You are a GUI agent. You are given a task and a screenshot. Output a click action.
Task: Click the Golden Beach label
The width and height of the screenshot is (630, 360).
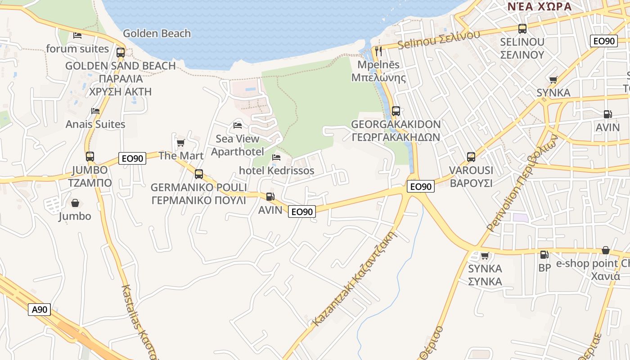[x=157, y=33]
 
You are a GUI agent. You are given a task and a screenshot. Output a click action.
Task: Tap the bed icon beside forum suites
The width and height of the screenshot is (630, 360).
[x=77, y=35]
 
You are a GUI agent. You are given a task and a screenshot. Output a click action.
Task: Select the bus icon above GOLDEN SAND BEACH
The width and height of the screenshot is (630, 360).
[x=120, y=52]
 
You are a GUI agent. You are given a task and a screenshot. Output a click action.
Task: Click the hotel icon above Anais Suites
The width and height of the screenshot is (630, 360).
[x=95, y=111]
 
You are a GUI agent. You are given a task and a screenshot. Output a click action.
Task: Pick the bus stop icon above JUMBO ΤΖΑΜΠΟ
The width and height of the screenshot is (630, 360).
[x=90, y=157]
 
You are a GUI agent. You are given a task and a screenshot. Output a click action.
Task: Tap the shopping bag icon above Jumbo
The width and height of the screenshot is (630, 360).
[x=75, y=203]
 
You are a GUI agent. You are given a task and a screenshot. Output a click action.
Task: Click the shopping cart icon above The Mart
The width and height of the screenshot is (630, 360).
[x=180, y=143]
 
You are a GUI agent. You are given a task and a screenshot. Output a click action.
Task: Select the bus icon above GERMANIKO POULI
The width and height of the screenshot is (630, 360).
[x=198, y=174]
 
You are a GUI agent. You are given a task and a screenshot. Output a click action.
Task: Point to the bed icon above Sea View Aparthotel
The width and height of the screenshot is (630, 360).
[x=238, y=125]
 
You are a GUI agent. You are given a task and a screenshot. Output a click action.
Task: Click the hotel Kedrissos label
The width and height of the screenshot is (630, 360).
[x=276, y=171]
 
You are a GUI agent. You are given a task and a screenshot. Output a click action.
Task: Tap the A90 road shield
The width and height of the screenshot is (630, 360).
[x=39, y=309]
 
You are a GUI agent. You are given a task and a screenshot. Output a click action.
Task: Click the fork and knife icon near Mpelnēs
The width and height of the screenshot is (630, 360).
[x=378, y=51]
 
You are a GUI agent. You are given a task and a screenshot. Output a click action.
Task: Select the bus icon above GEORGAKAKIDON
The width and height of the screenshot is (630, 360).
[x=396, y=111]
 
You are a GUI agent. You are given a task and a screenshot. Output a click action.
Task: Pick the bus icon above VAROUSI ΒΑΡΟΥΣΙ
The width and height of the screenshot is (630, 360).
[x=471, y=157]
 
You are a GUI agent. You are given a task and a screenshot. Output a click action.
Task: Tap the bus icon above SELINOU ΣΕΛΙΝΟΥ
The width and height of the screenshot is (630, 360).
[x=522, y=29]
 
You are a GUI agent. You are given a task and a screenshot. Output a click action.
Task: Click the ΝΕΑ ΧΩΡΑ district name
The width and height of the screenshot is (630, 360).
[x=539, y=6]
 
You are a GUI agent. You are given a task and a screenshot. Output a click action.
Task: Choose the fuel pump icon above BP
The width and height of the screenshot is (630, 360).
[x=544, y=255]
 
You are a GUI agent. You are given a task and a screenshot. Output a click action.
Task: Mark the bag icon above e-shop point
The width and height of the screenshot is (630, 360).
[x=606, y=250]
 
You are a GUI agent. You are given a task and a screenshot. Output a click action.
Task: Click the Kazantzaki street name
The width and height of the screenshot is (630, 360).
[x=355, y=279]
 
